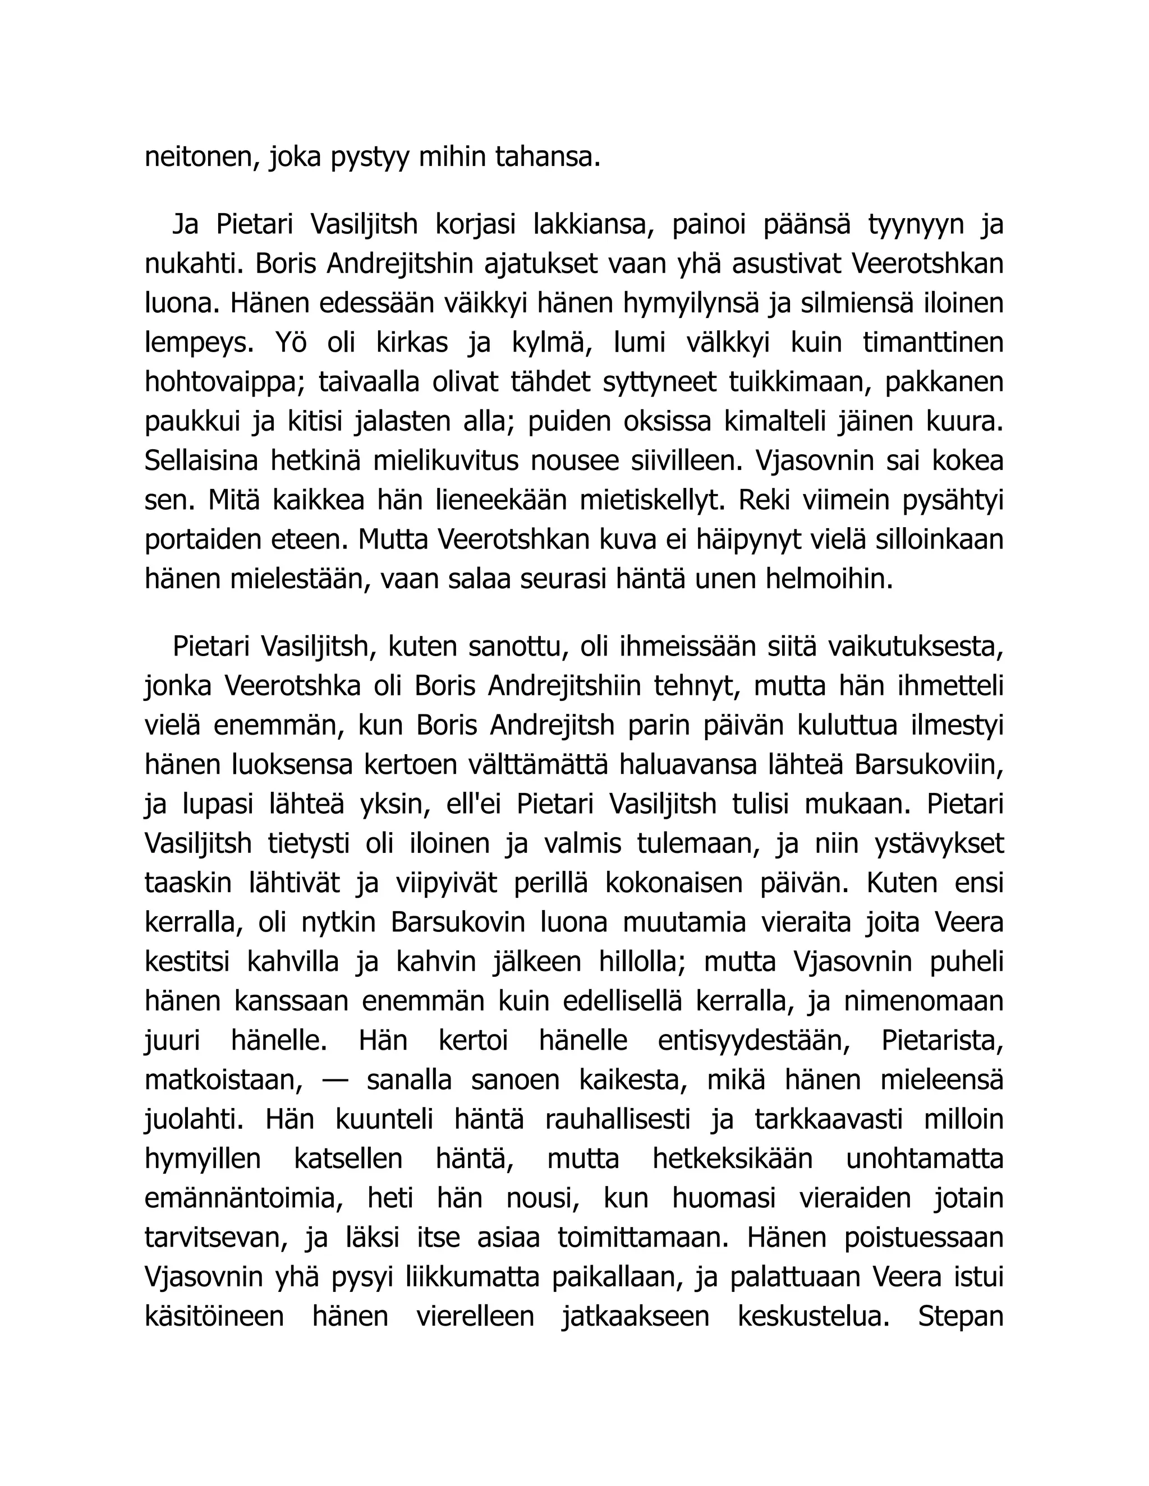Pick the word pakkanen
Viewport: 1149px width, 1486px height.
point(944,382)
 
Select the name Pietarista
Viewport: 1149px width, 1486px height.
point(942,1041)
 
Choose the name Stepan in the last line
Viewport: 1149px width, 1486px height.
point(960,1317)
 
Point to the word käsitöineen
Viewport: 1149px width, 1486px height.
point(214,1317)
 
